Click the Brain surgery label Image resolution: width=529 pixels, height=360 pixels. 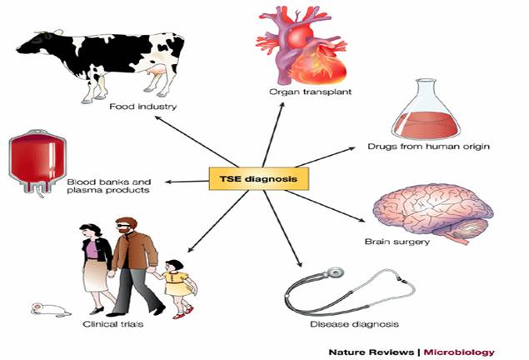(409, 242)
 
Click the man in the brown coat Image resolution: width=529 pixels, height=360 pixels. (131, 258)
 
